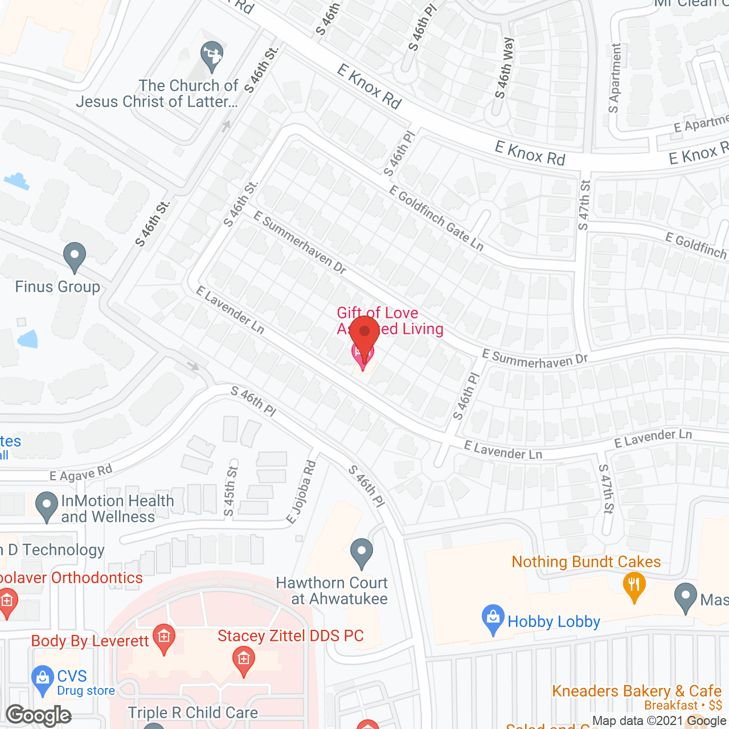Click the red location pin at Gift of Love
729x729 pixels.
click(364, 336)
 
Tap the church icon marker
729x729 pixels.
click(212, 56)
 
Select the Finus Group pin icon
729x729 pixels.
click(74, 257)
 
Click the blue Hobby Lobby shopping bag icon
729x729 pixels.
click(493, 620)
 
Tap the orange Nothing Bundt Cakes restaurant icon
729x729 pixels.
click(634, 587)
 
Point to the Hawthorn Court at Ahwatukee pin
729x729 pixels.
click(361, 553)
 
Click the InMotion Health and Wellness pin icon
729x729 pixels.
click(47, 506)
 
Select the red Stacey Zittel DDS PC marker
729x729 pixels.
click(244, 662)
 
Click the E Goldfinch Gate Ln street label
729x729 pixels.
click(436, 218)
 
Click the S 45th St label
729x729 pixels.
click(231, 491)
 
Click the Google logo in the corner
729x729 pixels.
click(39, 715)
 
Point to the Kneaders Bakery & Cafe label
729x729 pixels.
click(637, 691)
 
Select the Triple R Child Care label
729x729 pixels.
click(193, 712)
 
